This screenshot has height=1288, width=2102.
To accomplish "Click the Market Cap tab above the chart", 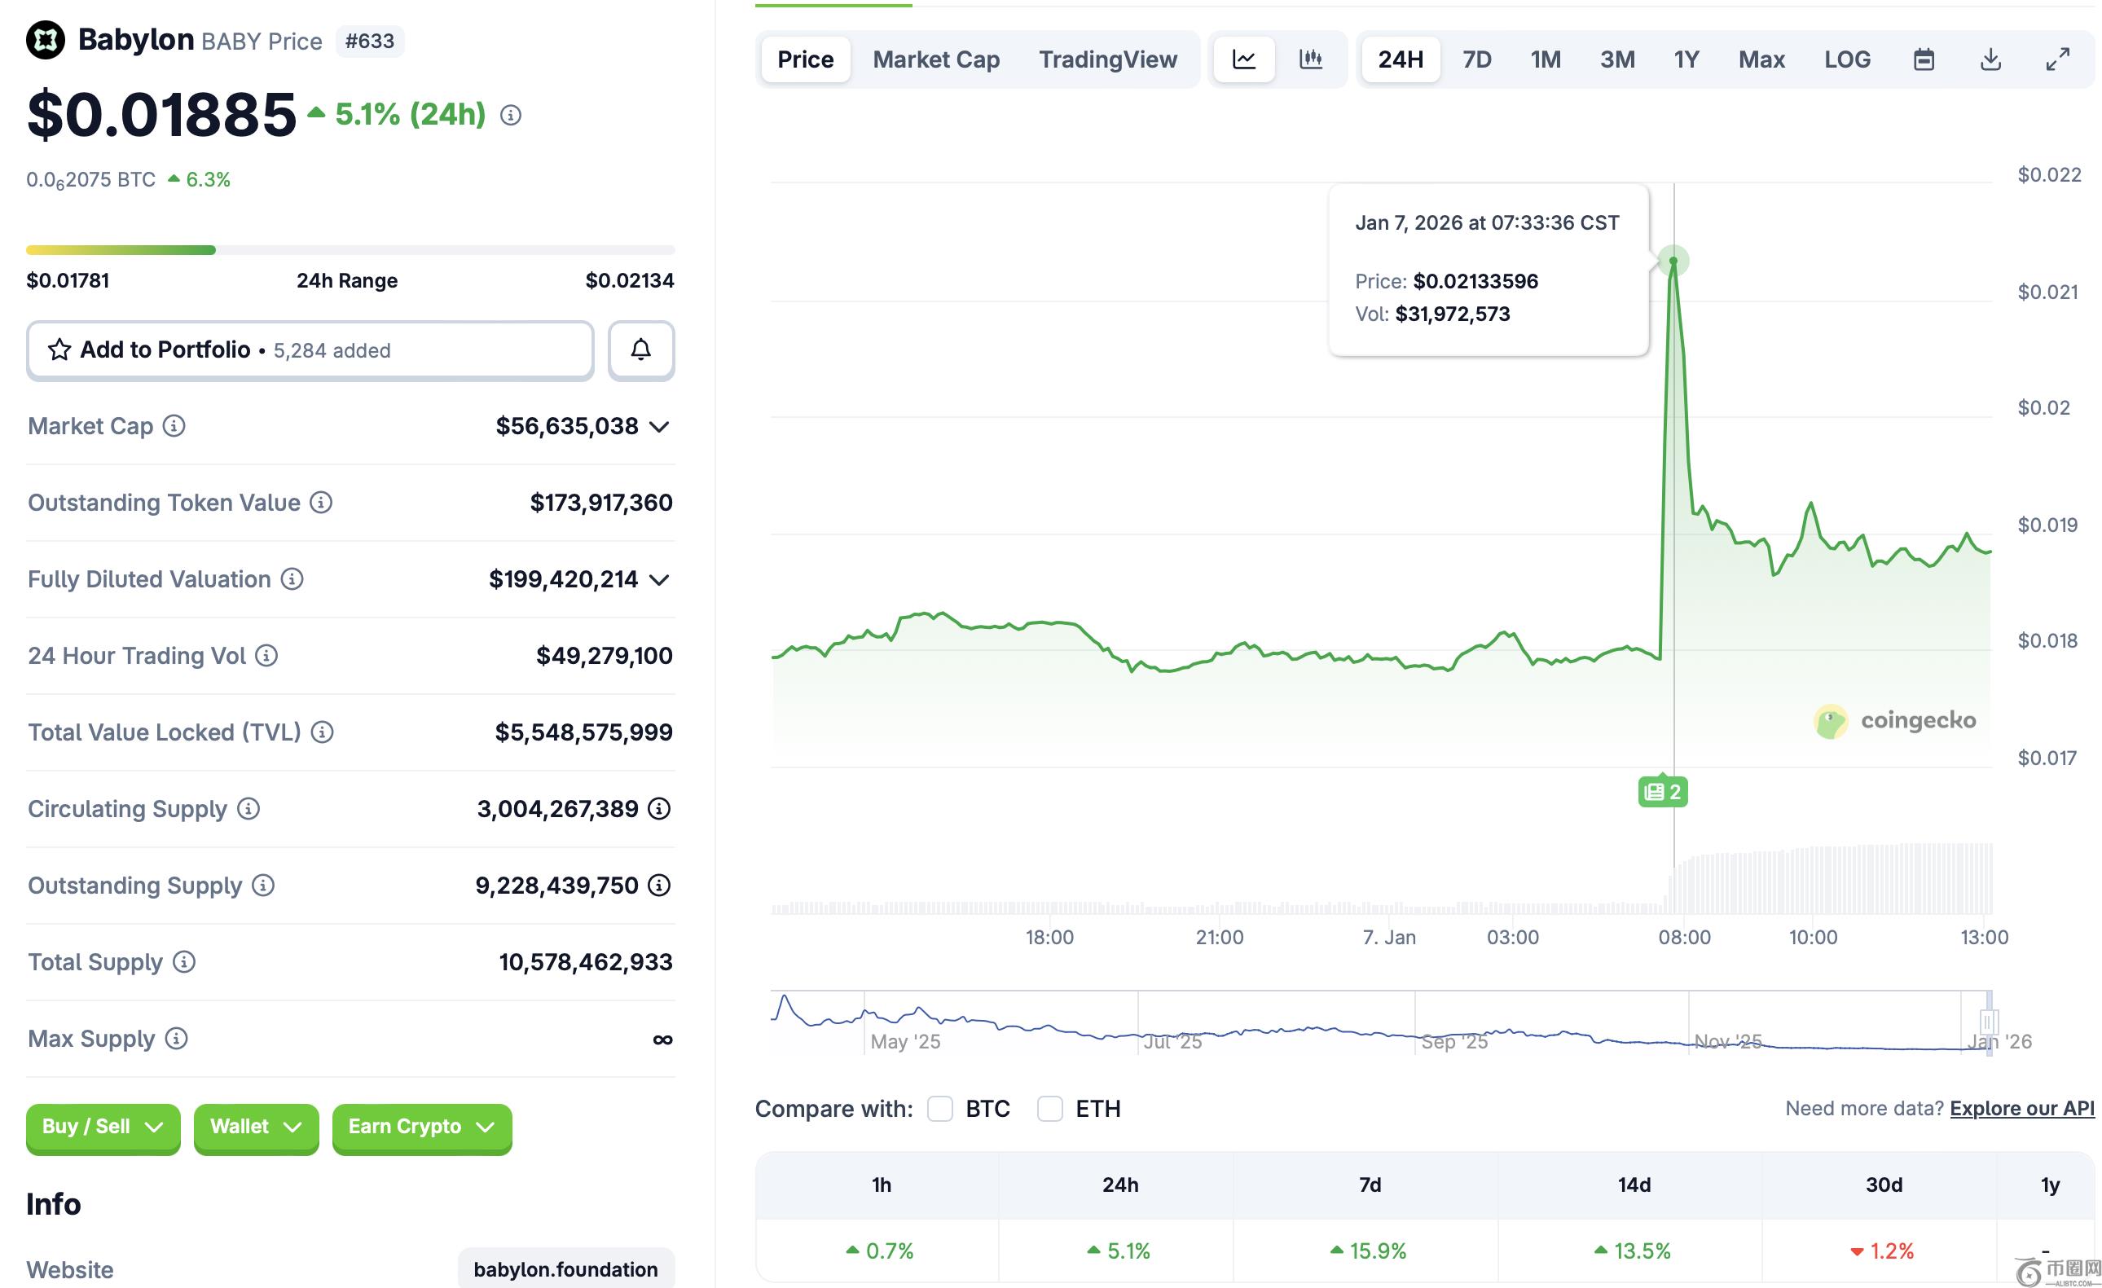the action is (936, 59).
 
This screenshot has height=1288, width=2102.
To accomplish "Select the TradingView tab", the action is (1107, 59).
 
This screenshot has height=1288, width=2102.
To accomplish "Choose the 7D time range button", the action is (1476, 59).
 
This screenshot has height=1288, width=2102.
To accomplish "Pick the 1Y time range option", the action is (1686, 59).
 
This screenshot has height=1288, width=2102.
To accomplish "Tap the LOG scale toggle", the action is (1847, 59).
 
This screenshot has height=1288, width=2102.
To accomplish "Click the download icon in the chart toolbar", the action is (1990, 59).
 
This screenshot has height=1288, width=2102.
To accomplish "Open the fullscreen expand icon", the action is (2058, 59).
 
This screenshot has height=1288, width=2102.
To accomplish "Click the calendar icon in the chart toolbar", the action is (1924, 59).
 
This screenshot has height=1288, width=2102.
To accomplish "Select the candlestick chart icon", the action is (1310, 59).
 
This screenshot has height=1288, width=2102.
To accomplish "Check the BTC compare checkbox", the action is (939, 1109).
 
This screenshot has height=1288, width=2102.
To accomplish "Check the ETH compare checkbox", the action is (1049, 1109).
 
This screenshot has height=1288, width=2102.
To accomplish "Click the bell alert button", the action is (640, 349).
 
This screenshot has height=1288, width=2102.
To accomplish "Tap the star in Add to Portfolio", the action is (59, 349).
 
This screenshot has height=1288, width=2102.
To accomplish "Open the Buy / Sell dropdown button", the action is (103, 1128).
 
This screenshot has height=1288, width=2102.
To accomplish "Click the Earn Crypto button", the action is (422, 1128).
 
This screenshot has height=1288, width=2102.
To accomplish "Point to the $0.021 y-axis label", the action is (2047, 292).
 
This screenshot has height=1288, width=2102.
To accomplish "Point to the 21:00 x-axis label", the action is (1219, 938).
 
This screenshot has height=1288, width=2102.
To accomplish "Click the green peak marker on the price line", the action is (1673, 260).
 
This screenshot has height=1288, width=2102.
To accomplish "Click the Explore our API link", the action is (2022, 1108).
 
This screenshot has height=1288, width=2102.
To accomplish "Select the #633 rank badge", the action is (369, 41).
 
